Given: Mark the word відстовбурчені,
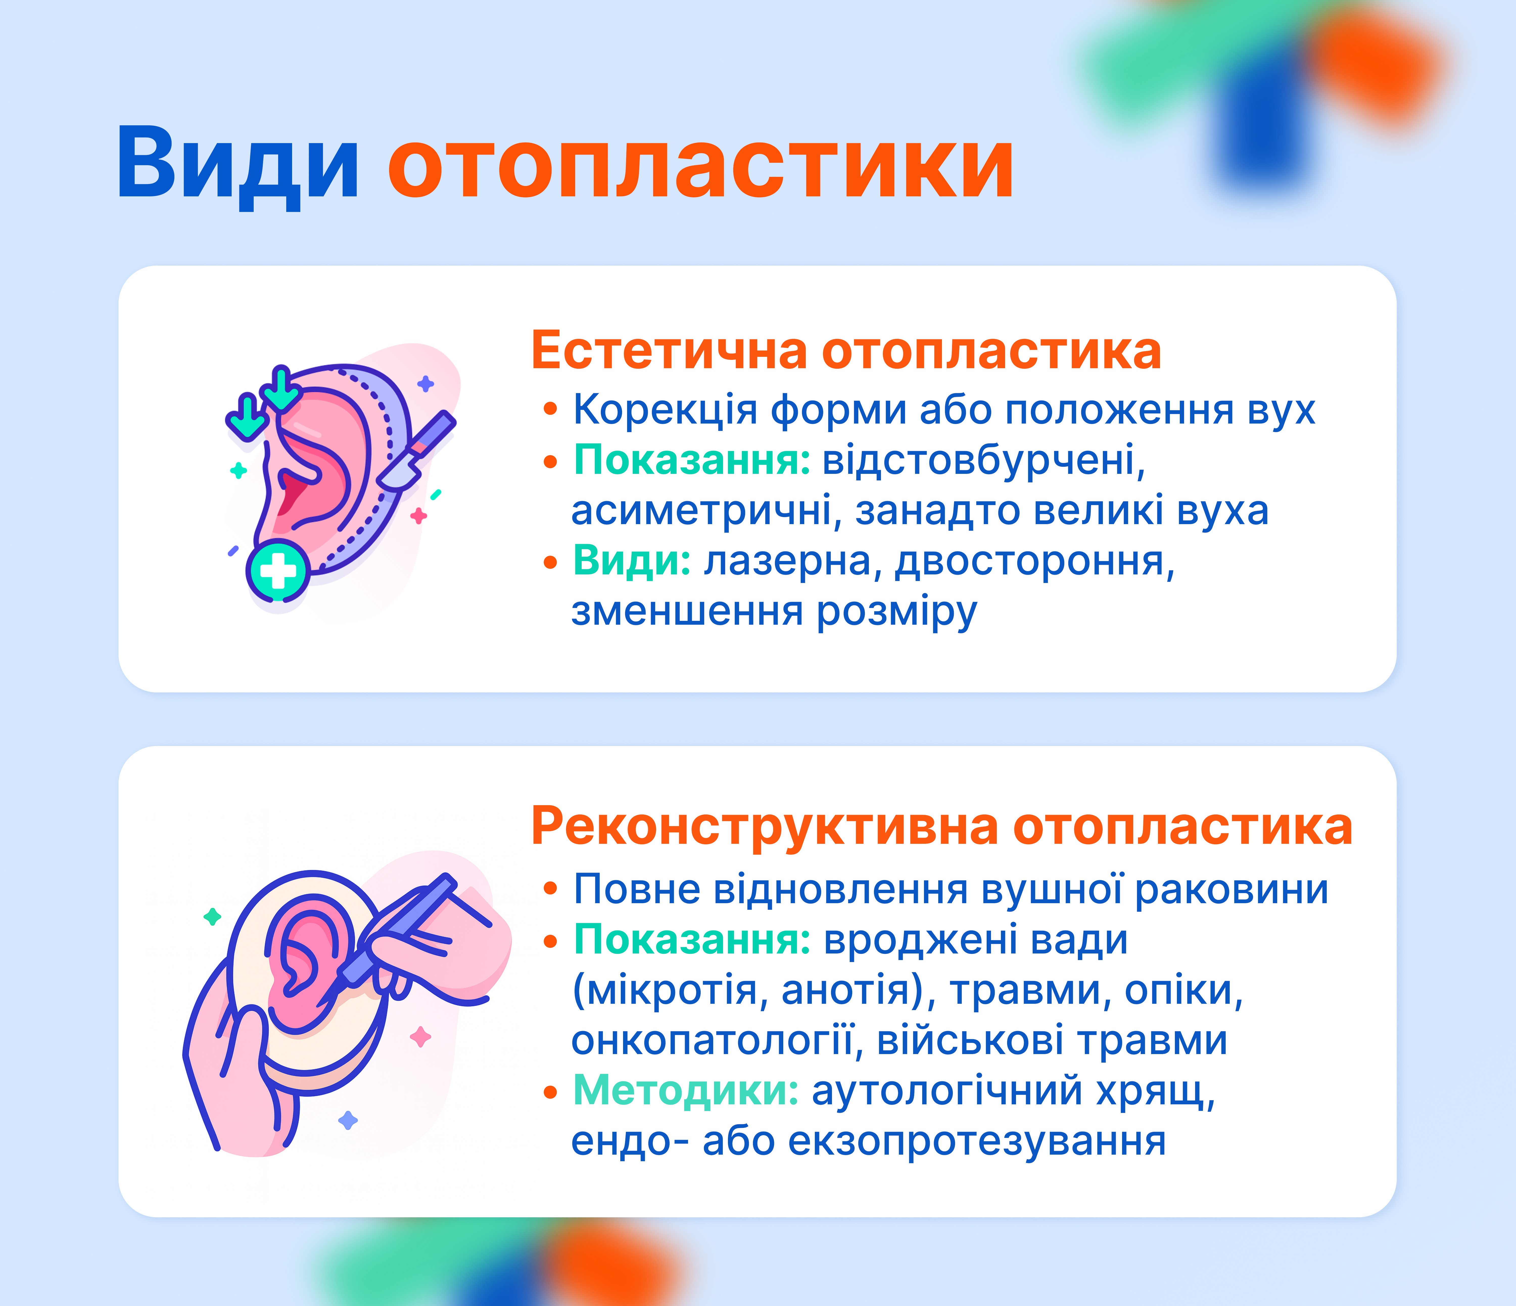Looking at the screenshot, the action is click(x=984, y=461).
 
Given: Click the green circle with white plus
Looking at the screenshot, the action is click(x=278, y=571).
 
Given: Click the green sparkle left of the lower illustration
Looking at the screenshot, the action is click(x=212, y=916).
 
